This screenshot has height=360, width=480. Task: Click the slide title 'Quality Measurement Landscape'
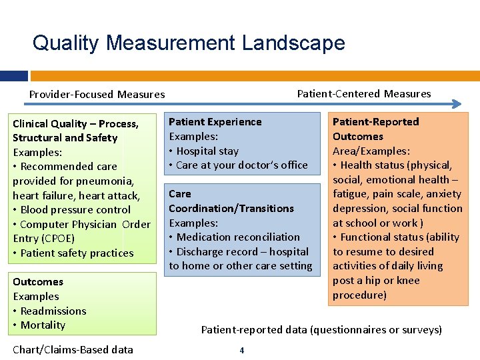click(x=189, y=43)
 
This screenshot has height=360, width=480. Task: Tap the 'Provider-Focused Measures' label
click(x=97, y=94)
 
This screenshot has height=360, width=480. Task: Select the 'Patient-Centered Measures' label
click(x=363, y=93)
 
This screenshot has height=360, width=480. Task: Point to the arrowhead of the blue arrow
click(x=457, y=103)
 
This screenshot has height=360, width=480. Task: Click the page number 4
click(x=241, y=351)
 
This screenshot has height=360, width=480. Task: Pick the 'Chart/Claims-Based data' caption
click(x=73, y=349)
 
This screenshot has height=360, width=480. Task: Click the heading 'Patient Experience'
click(x=215, y=121)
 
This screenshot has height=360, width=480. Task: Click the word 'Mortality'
click(x=43, y=325)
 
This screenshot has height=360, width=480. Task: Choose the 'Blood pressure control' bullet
click(x=75, y=209)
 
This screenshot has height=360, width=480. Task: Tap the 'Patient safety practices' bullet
click(x=77, y=253)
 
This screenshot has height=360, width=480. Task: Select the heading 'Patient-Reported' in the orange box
click(x=375, y=121)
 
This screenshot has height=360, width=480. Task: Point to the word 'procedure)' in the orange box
click(x=359, y=295)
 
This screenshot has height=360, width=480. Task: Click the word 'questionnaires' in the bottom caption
click(x=345, y=329)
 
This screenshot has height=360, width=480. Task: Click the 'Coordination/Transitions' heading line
click(x=231, y=208)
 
